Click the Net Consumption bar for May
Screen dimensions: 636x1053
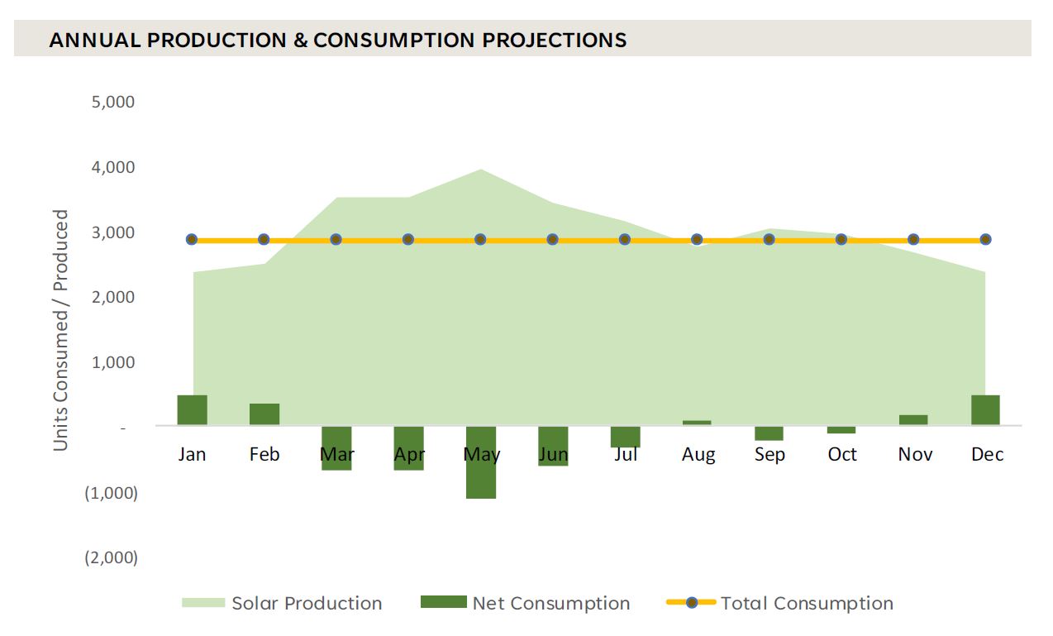click(x=481, y=462)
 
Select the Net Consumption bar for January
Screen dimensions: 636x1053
click(x=192, y=410)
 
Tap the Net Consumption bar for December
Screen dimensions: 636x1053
click(x=985, y=410)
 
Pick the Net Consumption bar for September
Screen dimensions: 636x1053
click(x=769, y=433)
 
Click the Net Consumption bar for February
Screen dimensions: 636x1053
click(x=264, y=414)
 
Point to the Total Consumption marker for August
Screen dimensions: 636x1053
click(x=697, y=240)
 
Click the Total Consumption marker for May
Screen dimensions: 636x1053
click(x=480, y=240)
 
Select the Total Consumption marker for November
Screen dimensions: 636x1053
click(x=913, y=240)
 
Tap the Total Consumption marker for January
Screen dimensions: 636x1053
click(x=192, y=240)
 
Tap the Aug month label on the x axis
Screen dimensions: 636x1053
click(x=698, y=455)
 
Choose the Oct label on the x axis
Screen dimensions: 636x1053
click(x=842, y=455)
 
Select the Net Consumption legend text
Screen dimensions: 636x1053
click(x=550, y=604)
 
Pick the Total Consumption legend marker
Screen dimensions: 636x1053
click(x=690, y=604)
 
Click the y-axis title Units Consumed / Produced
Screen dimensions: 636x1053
click(x=61, y=330)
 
